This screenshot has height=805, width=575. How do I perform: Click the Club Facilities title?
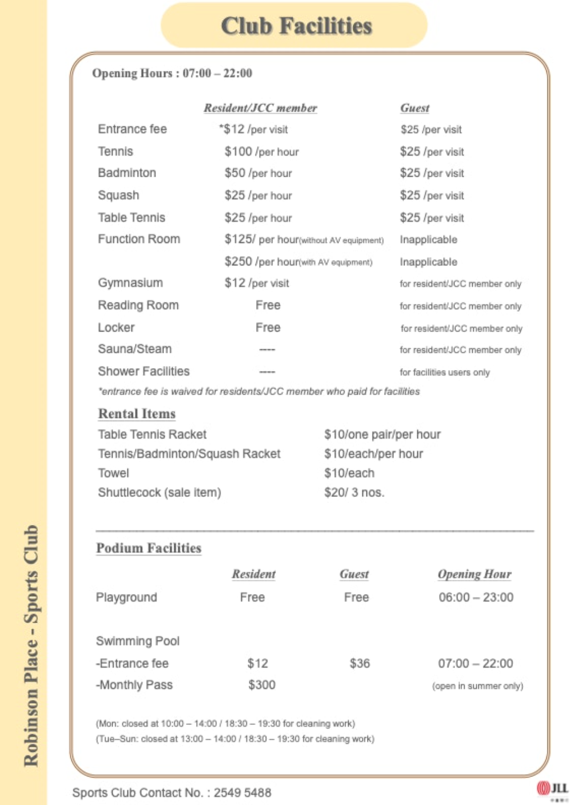[296, 26]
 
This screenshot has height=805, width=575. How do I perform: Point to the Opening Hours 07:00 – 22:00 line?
[172, 73]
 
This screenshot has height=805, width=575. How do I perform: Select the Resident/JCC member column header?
[260, 108]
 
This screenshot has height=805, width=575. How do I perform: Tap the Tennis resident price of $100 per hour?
[261, 152]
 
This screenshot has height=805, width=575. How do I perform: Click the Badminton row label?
[127, 173]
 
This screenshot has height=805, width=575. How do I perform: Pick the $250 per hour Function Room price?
[298, 262]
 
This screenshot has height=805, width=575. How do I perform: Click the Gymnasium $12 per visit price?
[257, 283]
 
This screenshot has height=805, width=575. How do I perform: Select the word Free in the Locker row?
[267, 328]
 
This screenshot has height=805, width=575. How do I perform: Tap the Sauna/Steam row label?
[134, 349]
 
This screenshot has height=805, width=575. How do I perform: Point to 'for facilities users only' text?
[445, 372]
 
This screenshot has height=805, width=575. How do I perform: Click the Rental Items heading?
[137, 413]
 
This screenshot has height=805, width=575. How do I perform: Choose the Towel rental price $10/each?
[349, 473]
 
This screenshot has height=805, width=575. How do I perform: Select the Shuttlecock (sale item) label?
[159, 492]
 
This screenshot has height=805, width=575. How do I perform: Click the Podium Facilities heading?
[149, 548]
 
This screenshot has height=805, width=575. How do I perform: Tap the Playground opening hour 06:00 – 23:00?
[476, 597]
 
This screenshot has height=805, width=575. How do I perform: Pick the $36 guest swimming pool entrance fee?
[360, 663]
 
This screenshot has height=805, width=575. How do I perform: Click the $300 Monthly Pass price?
[262, 685]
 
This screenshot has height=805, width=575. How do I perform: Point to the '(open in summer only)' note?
[477, 686]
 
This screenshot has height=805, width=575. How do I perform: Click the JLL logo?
[552, 789]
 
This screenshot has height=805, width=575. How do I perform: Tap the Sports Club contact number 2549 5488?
[242, 792]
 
